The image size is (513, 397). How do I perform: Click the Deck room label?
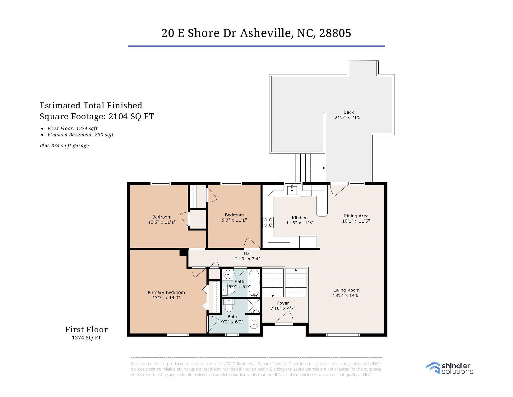coord(348,112)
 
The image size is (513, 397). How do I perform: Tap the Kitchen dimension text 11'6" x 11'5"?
coord(300,223)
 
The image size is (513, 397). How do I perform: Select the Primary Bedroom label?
coord(166,292)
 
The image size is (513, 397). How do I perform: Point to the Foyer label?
coord(283,303)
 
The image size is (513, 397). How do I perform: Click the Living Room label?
coord(346,290)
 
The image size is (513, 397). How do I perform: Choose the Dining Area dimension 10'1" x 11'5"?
coord(356,221)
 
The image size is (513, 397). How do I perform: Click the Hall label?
coord(247,253)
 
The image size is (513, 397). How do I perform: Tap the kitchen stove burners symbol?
coord(268,223)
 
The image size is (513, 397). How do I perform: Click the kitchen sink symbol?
coord(292,190)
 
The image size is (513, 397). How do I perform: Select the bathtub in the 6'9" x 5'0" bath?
coord(254,283)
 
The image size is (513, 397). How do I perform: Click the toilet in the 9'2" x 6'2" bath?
coord(229,305)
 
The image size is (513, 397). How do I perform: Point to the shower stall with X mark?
coord(253,306)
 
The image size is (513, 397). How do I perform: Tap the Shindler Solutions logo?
coord(449,368)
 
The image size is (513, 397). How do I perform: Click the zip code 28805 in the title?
coord(335,33)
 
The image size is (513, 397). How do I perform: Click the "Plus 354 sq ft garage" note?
coord(64,145)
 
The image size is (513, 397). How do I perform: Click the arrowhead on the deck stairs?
coord(324,168)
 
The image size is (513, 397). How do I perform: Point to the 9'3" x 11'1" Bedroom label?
coord(234,217)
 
